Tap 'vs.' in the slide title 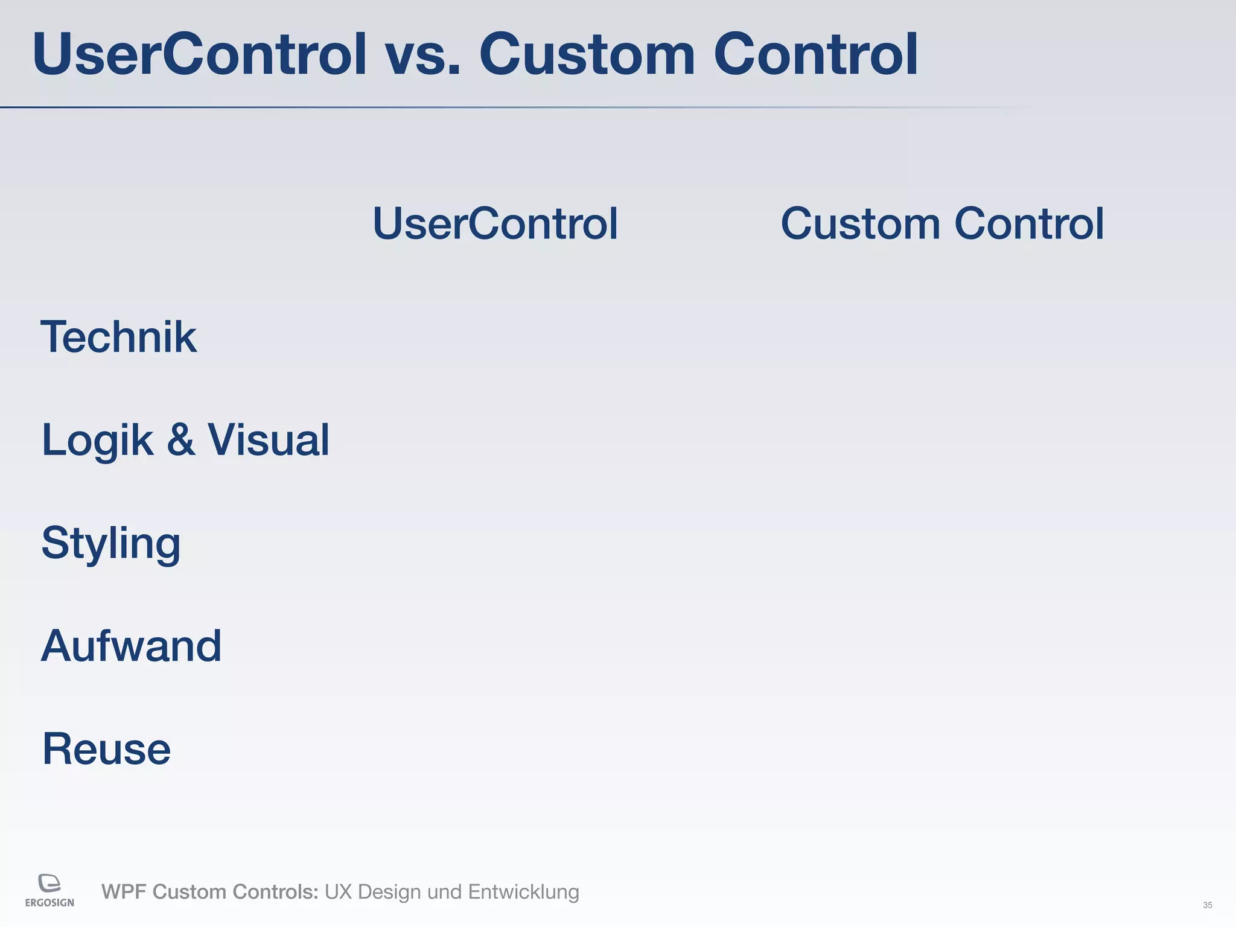click(422, 56)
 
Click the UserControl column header click(495, 223)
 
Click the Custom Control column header click(942, 223)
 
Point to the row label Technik click(118, 337)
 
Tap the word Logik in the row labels click(97, 441)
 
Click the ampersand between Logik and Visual click(180, 439)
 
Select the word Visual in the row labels click(269, 439)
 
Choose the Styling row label click(111, 543)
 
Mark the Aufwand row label click(131, 646)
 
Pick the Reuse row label click(106, 749)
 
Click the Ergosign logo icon click(49, 883)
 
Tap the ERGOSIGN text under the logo click(49, 903)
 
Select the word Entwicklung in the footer click(523, 892)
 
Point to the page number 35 click(1207, 905)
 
